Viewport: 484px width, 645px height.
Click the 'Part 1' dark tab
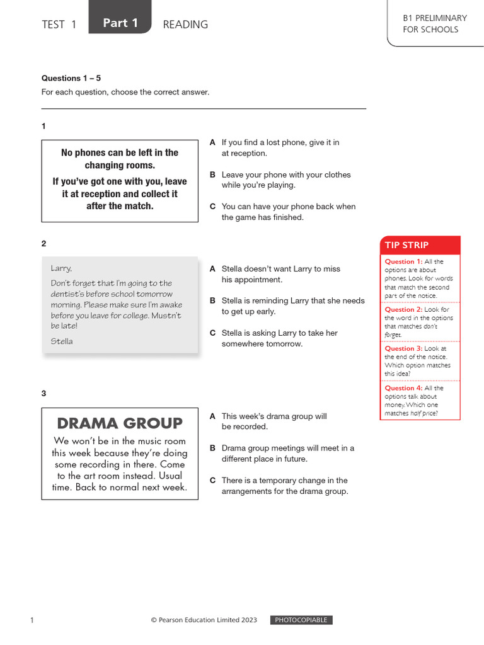click(120, 23)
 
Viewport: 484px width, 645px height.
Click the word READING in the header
click(185, 25)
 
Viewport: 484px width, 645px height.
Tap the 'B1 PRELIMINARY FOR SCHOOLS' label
click(434, 24)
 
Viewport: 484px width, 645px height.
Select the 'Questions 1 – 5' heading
click(71, 78)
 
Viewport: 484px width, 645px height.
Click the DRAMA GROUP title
click(120, 423)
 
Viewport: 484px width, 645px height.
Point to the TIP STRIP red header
click(420, 245)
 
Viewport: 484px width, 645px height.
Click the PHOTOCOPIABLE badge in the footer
click(301, 620)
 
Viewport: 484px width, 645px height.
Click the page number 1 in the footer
click(32, 620)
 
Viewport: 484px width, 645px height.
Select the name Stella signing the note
click(62, 341)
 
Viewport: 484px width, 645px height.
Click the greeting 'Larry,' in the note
click(61, 268)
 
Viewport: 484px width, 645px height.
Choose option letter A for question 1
click(213, 143)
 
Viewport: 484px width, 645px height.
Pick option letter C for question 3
click(213, 481)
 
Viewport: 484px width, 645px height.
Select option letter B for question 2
click(213, 301)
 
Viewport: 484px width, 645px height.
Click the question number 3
click(44, 393)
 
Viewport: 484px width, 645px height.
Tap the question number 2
click(44, 243)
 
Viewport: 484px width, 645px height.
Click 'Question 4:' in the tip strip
click(403, 388)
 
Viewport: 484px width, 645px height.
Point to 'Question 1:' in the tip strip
click(403, 261)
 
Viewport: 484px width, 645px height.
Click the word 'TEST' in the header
click(53, 25)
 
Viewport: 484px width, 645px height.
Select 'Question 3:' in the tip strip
click(403, 348)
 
